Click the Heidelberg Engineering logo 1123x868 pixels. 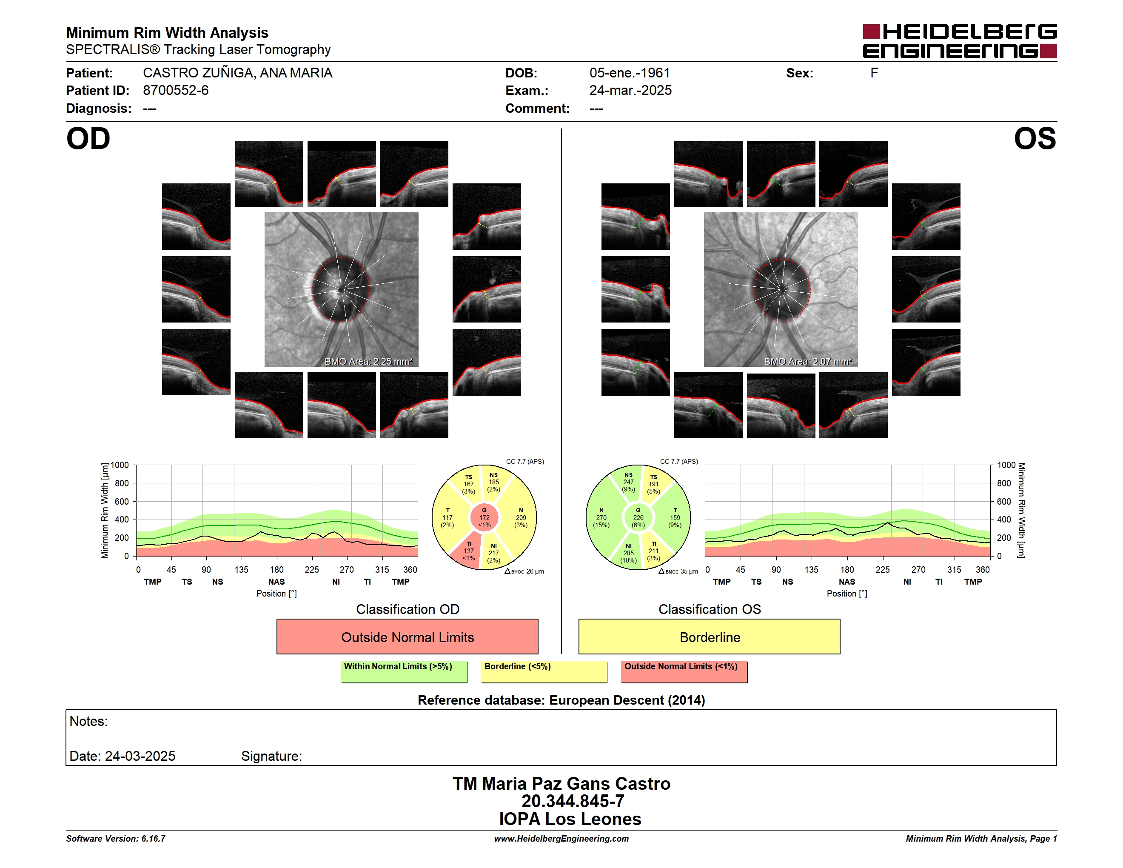click(x=960, y=41)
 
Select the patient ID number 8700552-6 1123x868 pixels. click(x=176, y=91)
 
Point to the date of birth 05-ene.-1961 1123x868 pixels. click(x=630, y=73)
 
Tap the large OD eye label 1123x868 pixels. click(x=88, y=139)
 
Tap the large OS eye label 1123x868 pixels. click(x=1035, y=139)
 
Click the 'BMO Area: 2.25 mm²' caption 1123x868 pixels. click(x=368, y=362)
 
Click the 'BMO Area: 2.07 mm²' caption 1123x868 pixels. click(x=808, y=362)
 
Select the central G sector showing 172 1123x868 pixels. click(x=485, y=518)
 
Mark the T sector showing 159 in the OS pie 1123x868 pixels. click(x=674, y=517)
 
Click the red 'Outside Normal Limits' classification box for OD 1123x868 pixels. click(x=407, y=637)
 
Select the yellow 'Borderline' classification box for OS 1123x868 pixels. click(x=710, y=637)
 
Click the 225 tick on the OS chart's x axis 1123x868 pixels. click(x=882, y=569)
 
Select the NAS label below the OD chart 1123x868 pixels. click(x=276, y=582)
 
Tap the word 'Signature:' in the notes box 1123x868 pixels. click(x=271, y=756)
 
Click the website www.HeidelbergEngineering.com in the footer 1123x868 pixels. click(x=561, y=839)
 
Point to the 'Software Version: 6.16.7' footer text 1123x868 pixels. click(x=116, y=839)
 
